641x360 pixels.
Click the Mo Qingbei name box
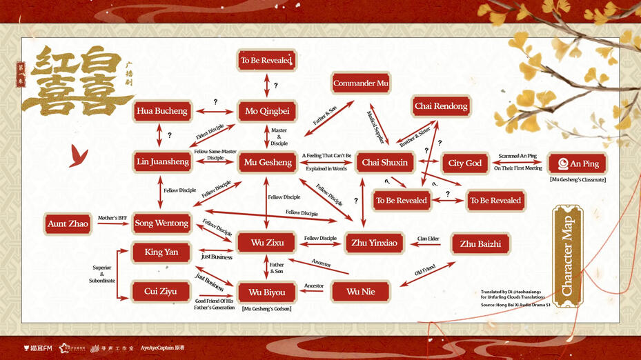pos(267,111)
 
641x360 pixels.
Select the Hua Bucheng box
pos(161,111)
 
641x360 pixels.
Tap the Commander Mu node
pos(361,83)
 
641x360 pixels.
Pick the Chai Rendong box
pos(441,106)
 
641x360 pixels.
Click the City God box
pos(465,163)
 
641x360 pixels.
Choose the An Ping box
pos(578,164)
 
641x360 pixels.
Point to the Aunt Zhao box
pos(68,223)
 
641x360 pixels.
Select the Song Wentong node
pos(161,223)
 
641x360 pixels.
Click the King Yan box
pos(161,252)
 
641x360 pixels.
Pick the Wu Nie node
pos(360,292)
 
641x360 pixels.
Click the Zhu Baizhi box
pos(480,243)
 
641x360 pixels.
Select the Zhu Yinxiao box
pos(374,243)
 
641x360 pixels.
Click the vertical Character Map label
pos(568,253)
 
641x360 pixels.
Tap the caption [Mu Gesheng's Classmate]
pos(578,180)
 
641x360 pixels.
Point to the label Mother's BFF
pos(112,217)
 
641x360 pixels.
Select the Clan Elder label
pos(428,239)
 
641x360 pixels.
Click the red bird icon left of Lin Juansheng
pos(78,158)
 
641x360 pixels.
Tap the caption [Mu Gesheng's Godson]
pos(267,308)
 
